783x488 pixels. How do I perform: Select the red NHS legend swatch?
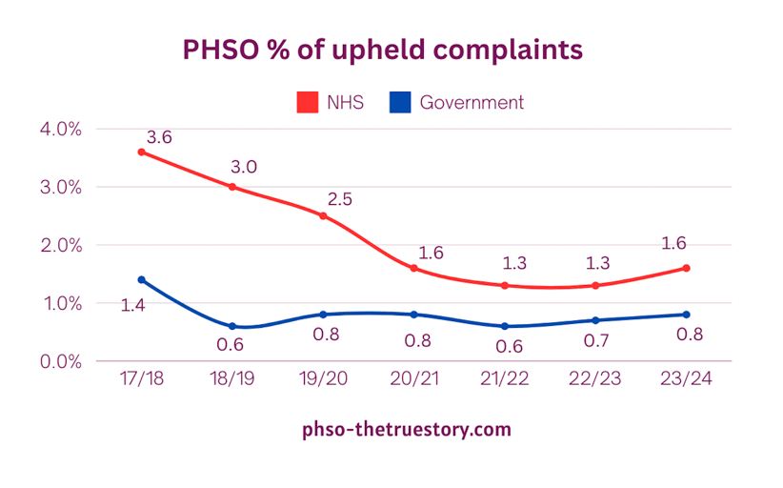(x=307, y=102)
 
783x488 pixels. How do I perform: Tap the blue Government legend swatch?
(x=400, y=102)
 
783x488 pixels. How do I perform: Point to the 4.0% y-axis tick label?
(x=61, y=129)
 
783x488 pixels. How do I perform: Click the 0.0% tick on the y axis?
(x=61, y=361)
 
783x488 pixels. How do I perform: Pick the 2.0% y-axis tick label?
(x=61, y=245)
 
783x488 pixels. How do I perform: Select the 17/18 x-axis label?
(x=142, y=378)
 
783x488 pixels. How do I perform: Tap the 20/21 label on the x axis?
(x=414, y=378)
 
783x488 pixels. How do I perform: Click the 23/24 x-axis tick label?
(x=686, y=378)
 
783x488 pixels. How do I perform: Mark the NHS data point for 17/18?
(x=142, y=152)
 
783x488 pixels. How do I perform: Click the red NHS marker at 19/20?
(x=323, y=216)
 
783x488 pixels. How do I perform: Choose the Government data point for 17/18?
(x=142, y=279)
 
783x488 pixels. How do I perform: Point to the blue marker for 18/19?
(x=232, y=326)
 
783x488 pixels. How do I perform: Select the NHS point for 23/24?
(x=686, y=268)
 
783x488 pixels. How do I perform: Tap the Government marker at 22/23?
(x=595, y=320)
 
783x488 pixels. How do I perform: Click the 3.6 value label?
(x=160, y=137)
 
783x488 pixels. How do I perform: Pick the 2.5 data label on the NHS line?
(x=341, y=199)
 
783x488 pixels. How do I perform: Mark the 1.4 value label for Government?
(x=132, y=306)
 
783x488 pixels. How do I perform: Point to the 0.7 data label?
(x=595, y=345)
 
